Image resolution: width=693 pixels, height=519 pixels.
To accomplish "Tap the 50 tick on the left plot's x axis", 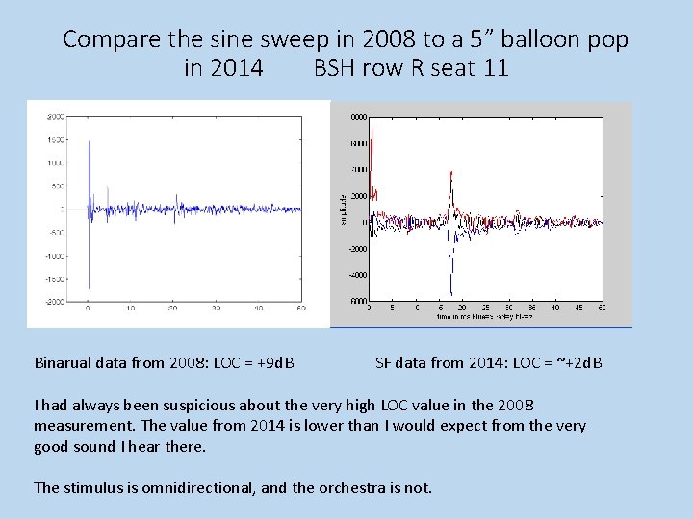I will (x=301, y=309).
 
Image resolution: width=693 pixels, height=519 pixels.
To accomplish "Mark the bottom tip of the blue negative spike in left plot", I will (x=88, y=287).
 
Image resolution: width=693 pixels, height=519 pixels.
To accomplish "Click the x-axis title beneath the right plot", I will (x=484, y=316).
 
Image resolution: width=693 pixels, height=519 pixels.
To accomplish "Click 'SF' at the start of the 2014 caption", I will (x=383, y=363).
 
